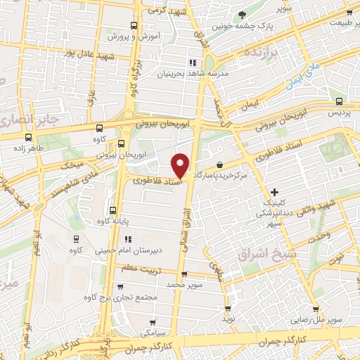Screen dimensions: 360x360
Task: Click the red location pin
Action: [x=181, y=165]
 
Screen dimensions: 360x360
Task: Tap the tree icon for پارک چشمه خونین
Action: [x=242, y=15]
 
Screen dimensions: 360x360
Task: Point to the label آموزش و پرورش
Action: [x=135, y=34]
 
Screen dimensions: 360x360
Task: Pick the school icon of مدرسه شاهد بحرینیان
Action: [x=184, y=62]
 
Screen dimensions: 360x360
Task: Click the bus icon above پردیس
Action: [x=340, y=101]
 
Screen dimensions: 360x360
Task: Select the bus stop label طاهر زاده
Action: [x=28, y=148]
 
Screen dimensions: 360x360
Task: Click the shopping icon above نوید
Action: [x=227, y=308]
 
